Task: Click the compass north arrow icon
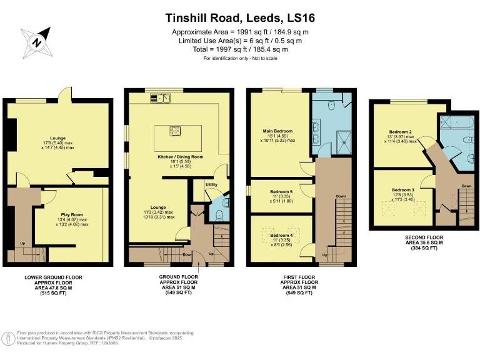[36, 42]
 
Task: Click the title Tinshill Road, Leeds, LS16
[239, 17]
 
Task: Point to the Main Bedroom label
[278, 131]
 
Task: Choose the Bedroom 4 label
[281, 235]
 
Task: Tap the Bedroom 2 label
[400, 132]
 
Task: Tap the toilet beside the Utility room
[217, 214]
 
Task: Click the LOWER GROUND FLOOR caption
[53, 277]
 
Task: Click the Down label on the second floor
[466, 186]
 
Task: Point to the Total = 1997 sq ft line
[239, 49]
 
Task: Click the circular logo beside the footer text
[9, 339]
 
